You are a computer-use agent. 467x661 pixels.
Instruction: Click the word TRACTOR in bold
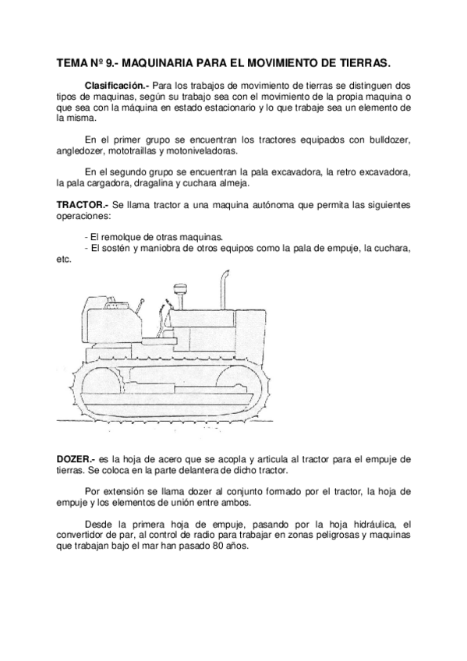(x=82, y=204)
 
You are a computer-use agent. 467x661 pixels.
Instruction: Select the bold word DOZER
(x=75, y=461)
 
